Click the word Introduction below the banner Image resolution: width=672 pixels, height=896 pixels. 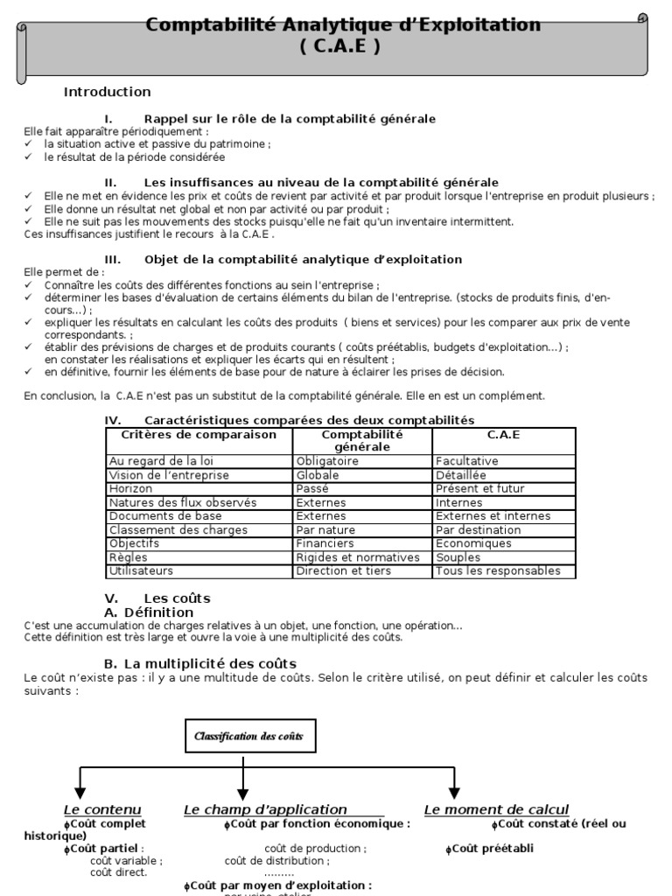pyautogui.click(x=107, y=92)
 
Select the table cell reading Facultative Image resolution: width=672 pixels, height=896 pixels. pyautogui.click(x=466, y=461)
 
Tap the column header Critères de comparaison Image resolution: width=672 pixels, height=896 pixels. pyautogui.click(x=199, y=435)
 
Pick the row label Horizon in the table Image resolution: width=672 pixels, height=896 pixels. pyautogui.click(x=130, y=489)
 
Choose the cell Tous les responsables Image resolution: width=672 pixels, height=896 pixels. pyautogui.click(x=497, y=571)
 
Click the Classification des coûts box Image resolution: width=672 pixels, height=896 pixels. pyautogui.click(x=250, y=737)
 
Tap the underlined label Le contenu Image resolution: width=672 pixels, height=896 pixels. pyautogui.click(x=102, y=809)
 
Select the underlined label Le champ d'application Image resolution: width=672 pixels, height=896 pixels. pyautogui.click(x=265, y=809)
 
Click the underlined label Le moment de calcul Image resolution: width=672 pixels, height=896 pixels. pyautogui.click(x=496, y=809)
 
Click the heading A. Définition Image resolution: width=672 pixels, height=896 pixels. pyautogui.click(x=148, y=612)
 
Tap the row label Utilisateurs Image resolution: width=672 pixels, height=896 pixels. pyautogui.click(x=141, y=571)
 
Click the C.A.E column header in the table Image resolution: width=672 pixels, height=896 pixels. pyautogui.click(x=503, y=435)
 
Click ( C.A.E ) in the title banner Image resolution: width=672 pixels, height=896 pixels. pyautogui.click(x=341, y=47)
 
